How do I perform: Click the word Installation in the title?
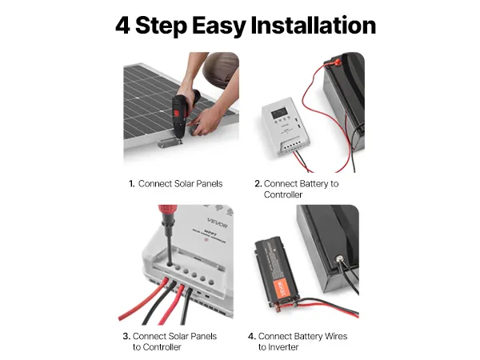[x=313, y=25]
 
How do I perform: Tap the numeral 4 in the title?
[x=122, y=26]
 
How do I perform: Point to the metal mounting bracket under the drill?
[x=170, y=142]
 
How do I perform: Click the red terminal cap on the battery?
[x=337, y=62]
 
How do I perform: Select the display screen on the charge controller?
[x=281, y=112]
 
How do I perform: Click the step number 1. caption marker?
[x=132, y=184]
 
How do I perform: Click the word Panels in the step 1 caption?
[x=210, y=184]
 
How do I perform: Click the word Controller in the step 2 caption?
[x=283, y=194]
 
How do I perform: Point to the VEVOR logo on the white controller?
[x=218, y=223]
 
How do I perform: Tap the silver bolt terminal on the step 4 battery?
[x=339, y=259]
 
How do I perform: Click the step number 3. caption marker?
[x=126, y=337]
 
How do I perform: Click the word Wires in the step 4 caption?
[x=336, y=337]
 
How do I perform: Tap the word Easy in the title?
[x=218, y=26]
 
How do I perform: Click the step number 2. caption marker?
[x=258, y=184]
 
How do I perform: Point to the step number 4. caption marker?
[x=252, y=337]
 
